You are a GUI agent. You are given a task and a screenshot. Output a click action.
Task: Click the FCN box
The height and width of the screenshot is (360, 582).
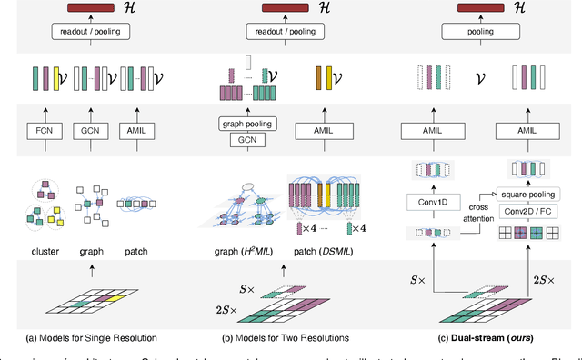44,131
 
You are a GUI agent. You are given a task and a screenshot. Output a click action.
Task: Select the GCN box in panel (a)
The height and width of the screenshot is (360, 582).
91,131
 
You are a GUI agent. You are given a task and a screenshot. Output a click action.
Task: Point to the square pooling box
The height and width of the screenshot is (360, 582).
522,194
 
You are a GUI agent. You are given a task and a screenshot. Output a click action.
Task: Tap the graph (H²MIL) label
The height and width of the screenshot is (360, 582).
242,250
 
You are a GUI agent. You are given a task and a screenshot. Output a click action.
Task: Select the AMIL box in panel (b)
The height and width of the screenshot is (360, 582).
325,131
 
